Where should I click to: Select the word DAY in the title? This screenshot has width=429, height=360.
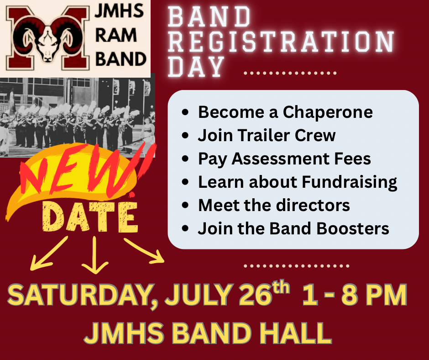(196, 67)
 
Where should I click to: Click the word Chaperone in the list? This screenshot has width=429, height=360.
(328, 112)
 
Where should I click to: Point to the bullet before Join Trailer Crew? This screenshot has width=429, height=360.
(185, 135)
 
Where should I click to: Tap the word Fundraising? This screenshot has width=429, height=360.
(350, 182)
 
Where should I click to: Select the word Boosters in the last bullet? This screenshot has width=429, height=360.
(353, 228)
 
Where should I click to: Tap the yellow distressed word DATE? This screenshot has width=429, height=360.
(90, 217)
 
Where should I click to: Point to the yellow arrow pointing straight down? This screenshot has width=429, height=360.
(94, 255)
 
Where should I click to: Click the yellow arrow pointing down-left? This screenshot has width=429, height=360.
(49, 254)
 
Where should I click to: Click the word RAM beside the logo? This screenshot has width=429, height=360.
(116, 35)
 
